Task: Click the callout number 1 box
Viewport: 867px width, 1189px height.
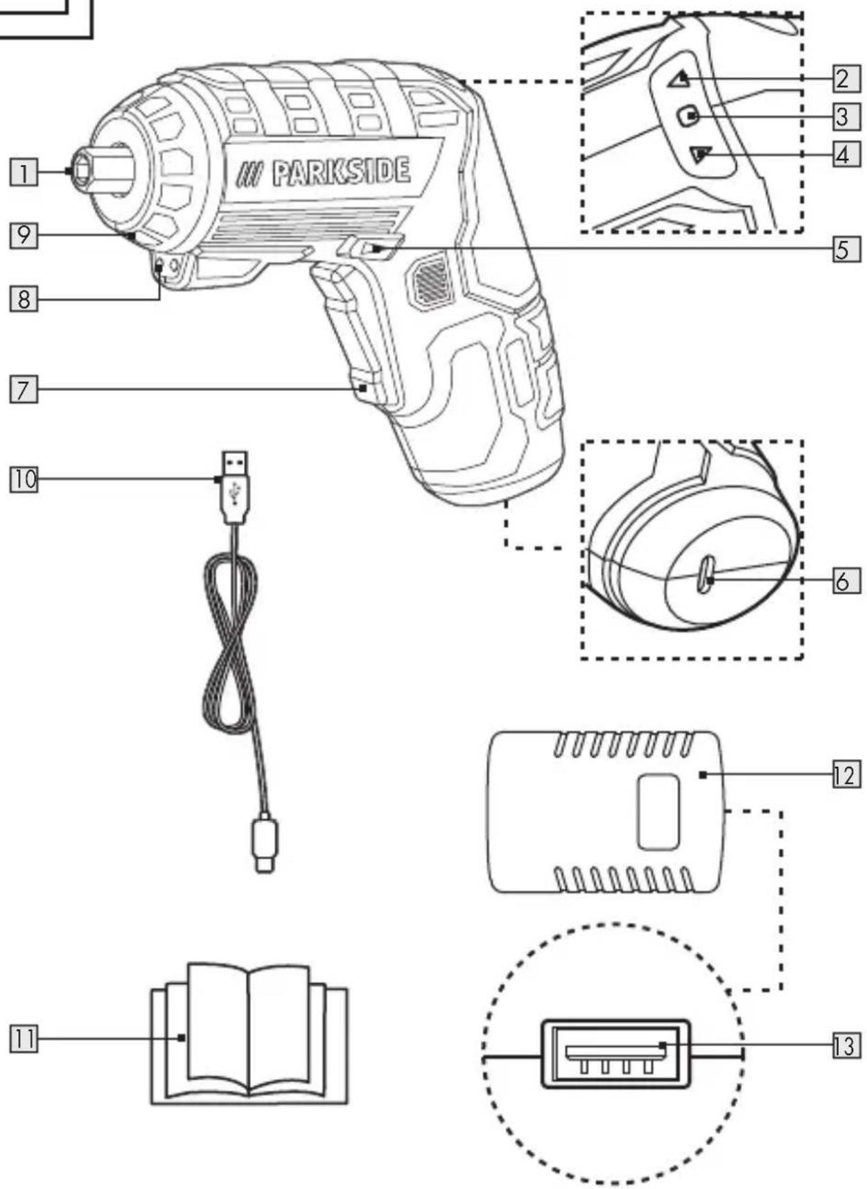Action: (24, 172)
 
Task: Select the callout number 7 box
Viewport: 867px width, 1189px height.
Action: (24, 389)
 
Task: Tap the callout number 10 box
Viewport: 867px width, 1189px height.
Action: (24, 479)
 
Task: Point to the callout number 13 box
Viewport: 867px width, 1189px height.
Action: (846, 1045)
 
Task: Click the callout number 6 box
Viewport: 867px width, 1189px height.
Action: (846, 580)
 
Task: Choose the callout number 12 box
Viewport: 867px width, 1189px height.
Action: (846, 774)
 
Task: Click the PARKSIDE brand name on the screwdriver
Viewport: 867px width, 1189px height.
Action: (341, 172)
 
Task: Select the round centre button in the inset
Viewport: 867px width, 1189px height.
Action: (688, 116)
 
